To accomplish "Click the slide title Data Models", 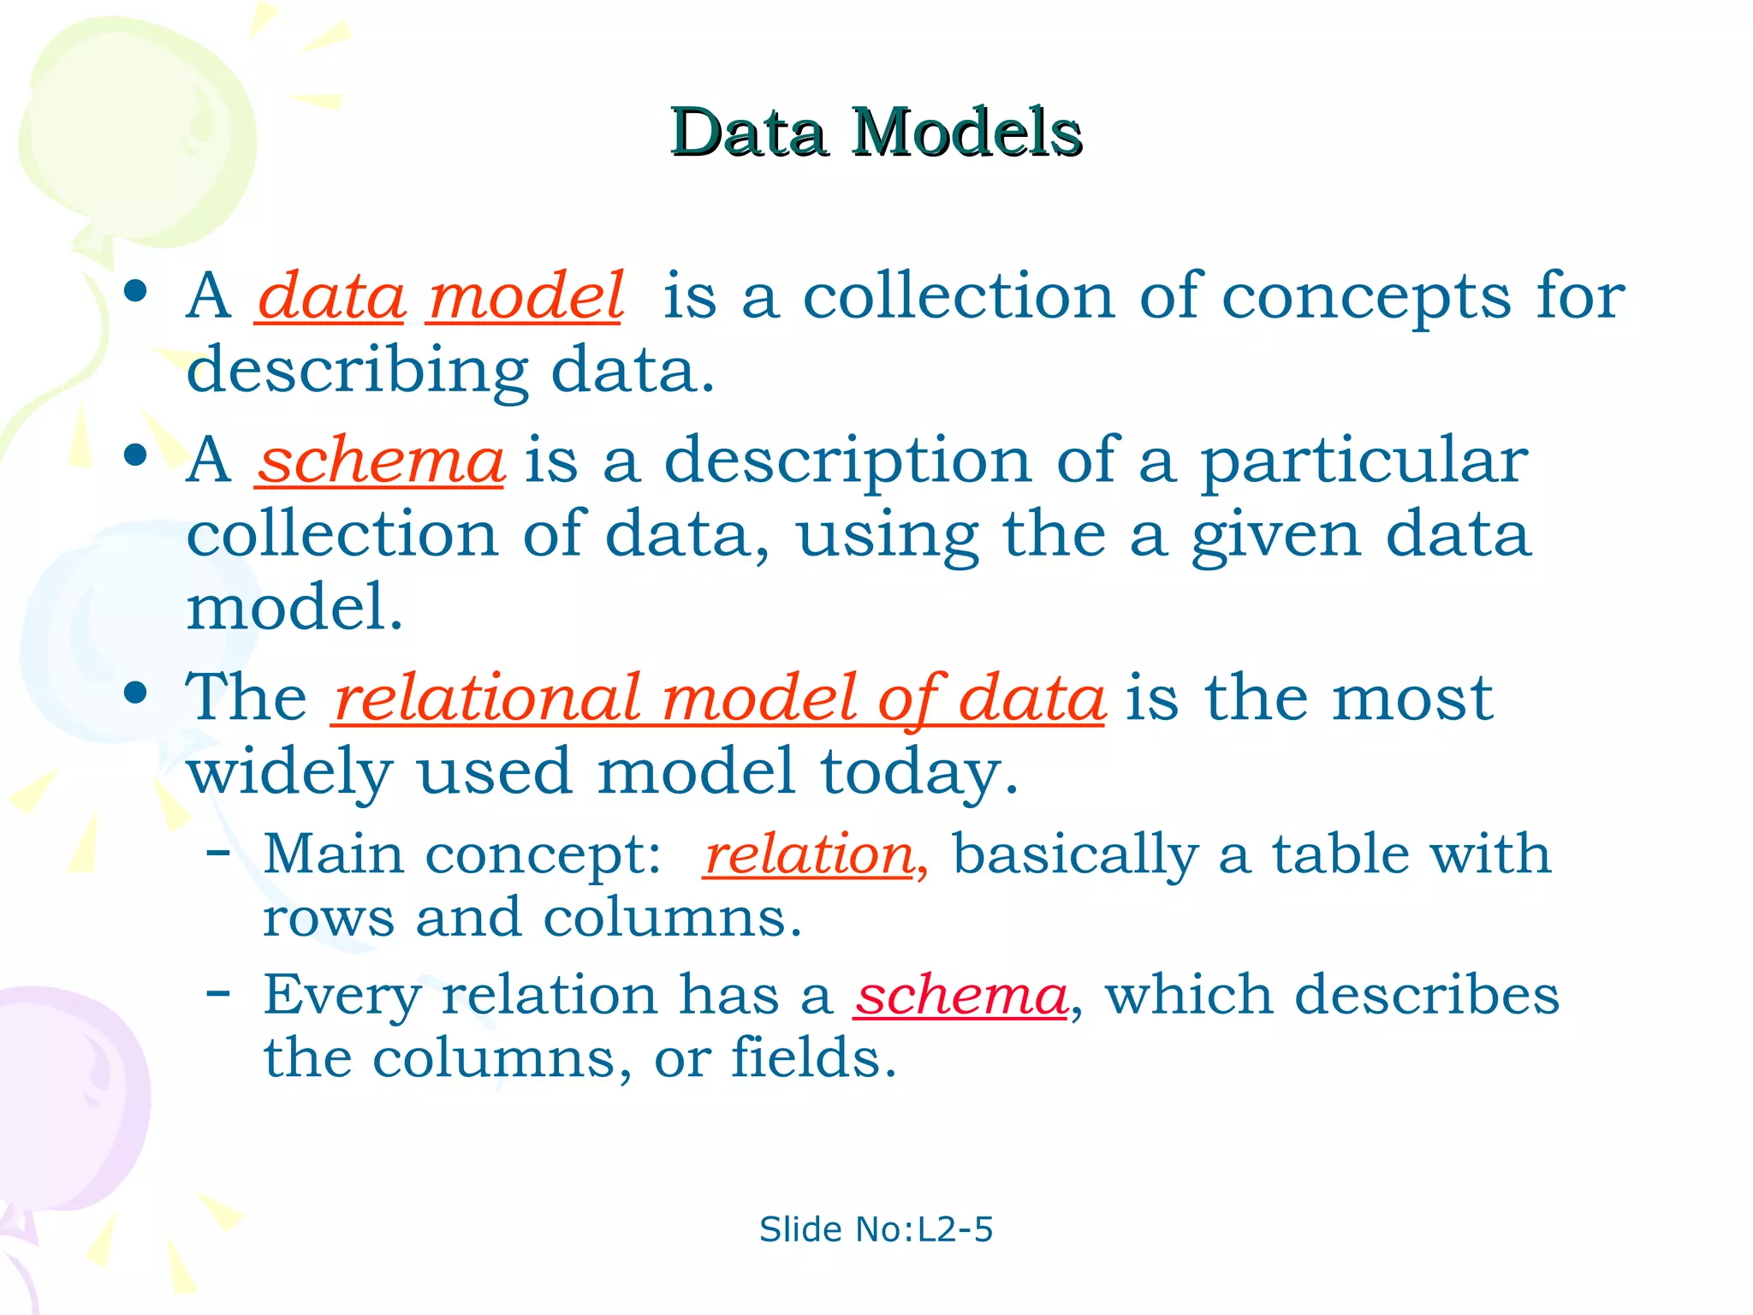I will click(876, 133).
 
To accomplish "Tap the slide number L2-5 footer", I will click(876, 1229).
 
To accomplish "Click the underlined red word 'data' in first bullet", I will click(330, 296).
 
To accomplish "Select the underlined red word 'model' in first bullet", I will click(526, 296).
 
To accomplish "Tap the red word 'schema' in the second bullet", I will click(380, 461).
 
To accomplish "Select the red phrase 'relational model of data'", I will click(718, 698).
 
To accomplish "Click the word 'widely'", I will click(290, 772).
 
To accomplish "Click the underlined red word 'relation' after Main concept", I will click(809, 854).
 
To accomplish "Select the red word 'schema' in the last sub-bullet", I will click(961, 996).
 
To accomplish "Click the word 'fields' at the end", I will click(812, 1058).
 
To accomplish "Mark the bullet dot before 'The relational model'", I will click(135, 692).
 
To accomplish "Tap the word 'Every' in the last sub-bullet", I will click(342, 996).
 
